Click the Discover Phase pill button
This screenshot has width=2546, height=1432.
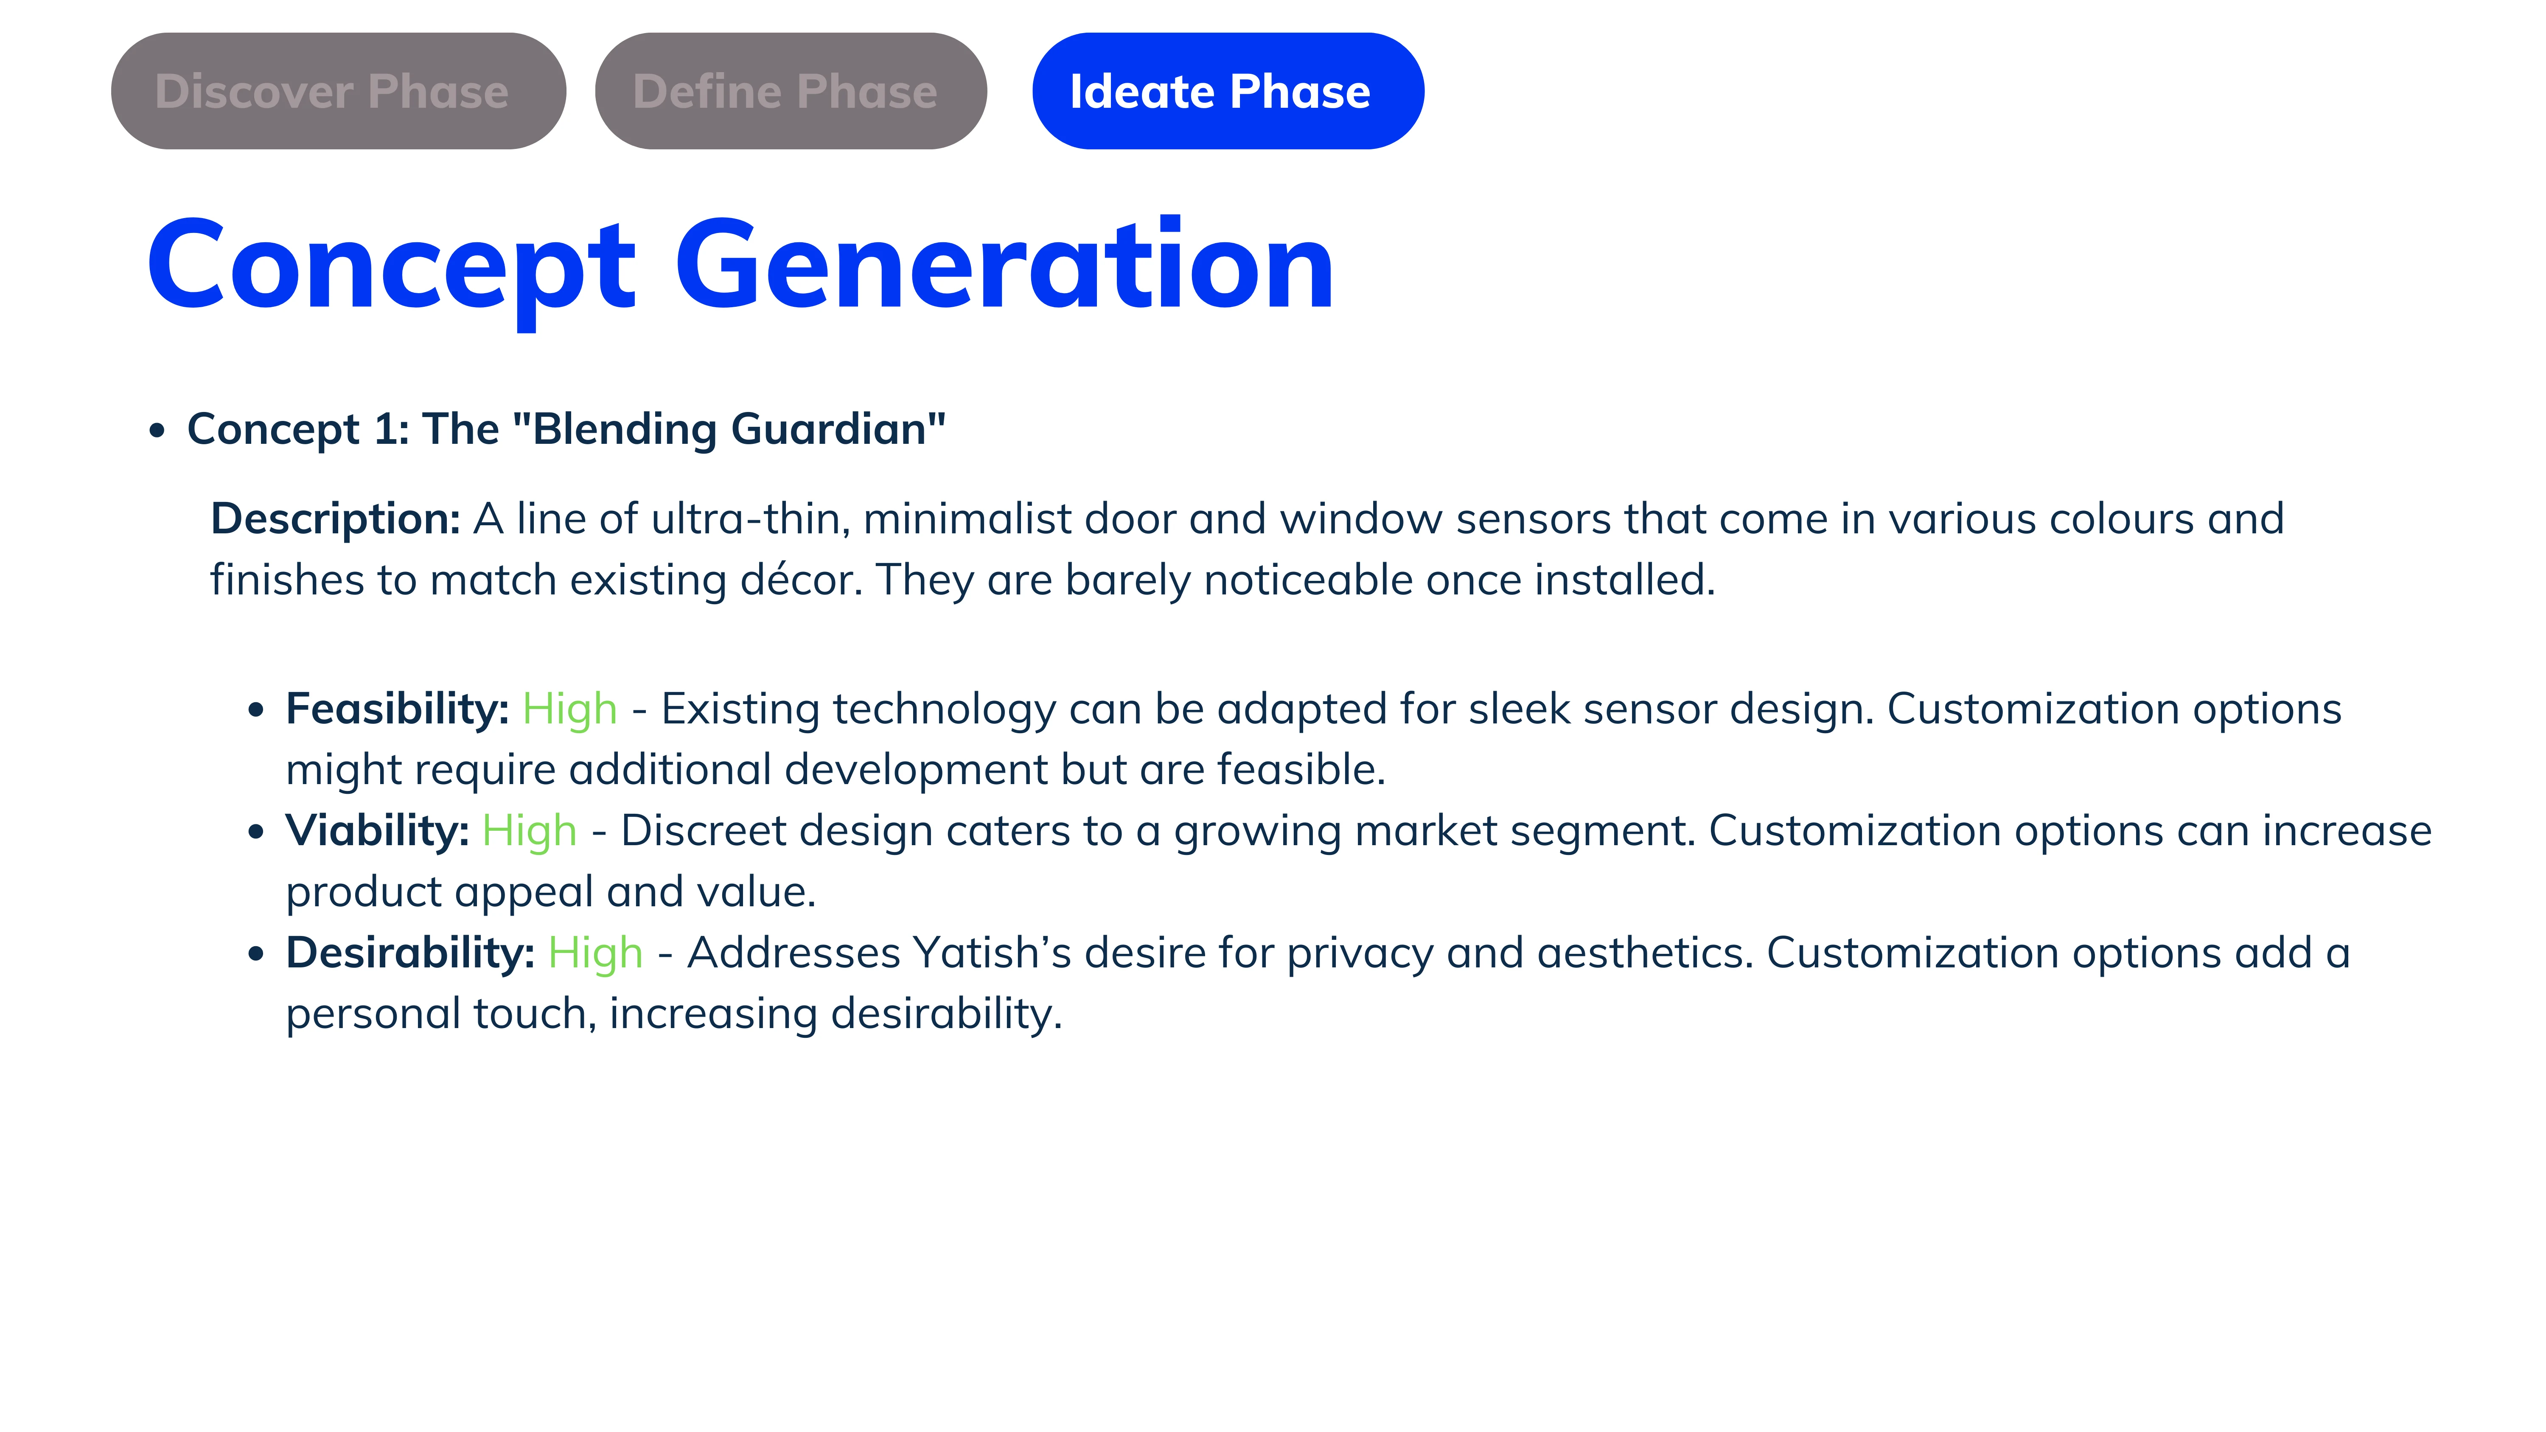point(338,91)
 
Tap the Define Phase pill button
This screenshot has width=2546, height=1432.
point(791,91)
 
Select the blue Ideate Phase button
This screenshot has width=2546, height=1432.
point(1228,91)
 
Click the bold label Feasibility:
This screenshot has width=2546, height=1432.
point(397,709)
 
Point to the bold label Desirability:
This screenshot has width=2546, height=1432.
point(410,954)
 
